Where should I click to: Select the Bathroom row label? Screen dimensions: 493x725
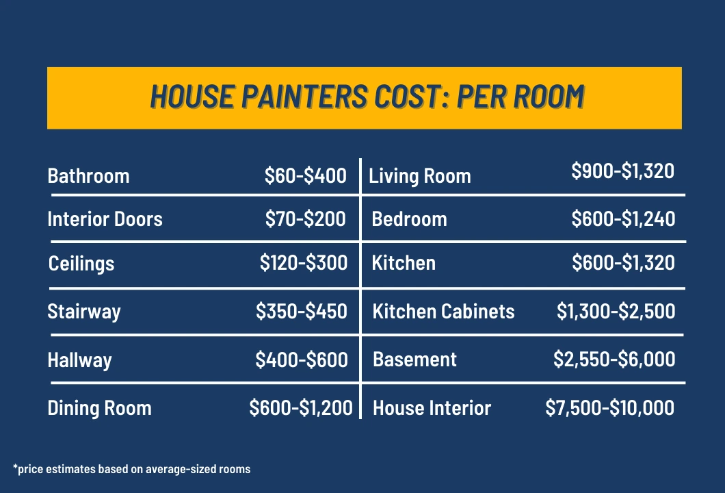pyautogui.click(x=88, y=176)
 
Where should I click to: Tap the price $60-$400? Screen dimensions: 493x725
pyautogui.click(x=306, y=176)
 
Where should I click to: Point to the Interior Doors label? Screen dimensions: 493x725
pyautogui.click(x=105, y=219)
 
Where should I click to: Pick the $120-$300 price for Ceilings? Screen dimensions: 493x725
pyautogui.click(x=303, y=263)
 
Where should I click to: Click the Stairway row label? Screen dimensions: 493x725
pyautogui.click(x=84, y=312)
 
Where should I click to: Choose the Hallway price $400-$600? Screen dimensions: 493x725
pyautogui.click(x=302, y=359)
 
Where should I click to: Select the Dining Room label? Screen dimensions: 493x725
pyautogui.click(x=99, y=409)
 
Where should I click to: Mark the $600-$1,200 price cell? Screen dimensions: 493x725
pyautogui.click(x=301, y=409)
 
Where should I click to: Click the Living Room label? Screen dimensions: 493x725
pyautogui.click(x=420, y=176)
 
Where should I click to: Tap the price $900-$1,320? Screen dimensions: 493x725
pyautogui.click(x=623, y=170)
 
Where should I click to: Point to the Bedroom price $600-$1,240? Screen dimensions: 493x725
pyautogui.click(x=623, y=218)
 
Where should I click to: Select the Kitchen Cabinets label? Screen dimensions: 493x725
pyautogui.click(x=443, y=312)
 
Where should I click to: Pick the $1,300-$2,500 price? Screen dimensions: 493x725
pyautogui.click(x=616, y=312)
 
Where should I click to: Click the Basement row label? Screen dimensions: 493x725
pyautogui.click(x=414, y=359)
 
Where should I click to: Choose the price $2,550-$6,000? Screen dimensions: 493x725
pyautogui.click(x=614, y=359)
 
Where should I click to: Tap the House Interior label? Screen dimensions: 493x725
pyautogui.click(x=432, y=409)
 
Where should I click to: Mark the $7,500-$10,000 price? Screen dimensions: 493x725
pyautogui.click(x=610, y=408)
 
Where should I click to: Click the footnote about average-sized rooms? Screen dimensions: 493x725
pyautogui.click(x=131, y=469)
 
